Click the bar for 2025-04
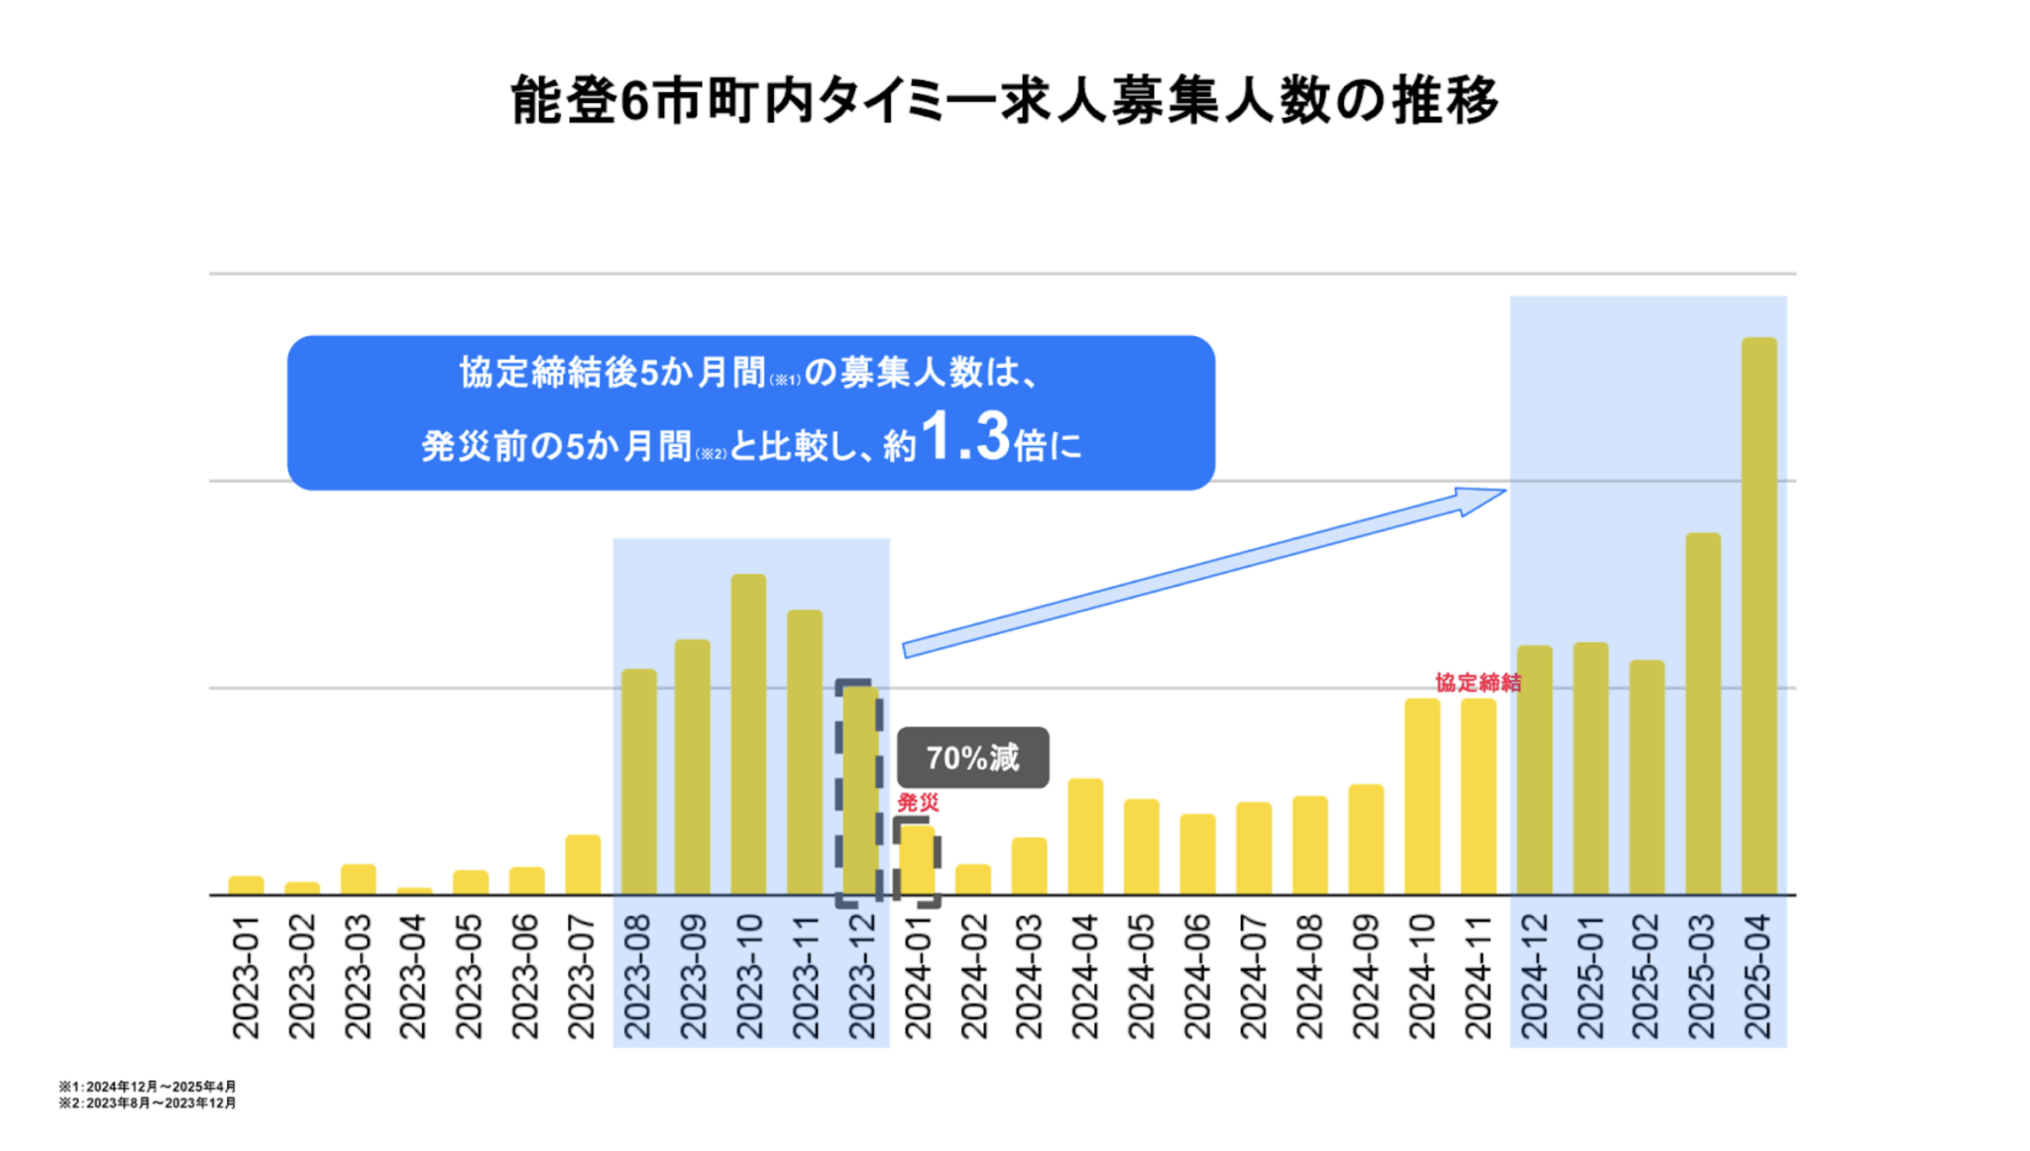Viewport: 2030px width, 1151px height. (1758, 615)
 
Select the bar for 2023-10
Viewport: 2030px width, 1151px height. (748, 734)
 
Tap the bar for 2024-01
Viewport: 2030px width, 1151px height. (917, 861)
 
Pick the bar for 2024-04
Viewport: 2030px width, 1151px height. (1085, 837)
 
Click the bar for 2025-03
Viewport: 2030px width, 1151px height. (1703, 714)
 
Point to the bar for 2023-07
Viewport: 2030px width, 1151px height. (583, 864)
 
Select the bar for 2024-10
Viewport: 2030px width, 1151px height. (1421, 796)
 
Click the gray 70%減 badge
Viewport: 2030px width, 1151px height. (972, 758)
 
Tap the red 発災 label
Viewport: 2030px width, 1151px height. (918, 802)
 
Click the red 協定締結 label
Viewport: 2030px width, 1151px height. (1477, 682)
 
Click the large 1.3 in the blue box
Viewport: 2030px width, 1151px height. (964, 437)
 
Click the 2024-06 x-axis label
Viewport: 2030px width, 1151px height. (1197, 977)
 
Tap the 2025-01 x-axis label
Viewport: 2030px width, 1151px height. (1590, 977)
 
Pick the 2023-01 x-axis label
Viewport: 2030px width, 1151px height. (245, 977)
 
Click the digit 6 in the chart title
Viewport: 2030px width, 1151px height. (634, 101)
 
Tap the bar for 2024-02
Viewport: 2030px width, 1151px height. (972, 879)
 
